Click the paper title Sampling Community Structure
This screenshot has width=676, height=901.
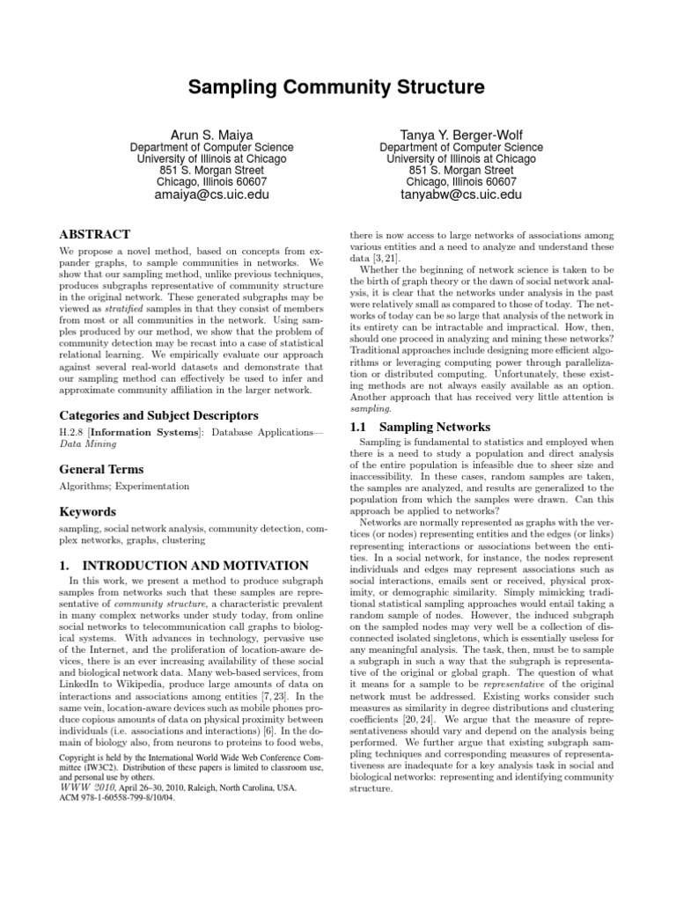click(x=337, y=87)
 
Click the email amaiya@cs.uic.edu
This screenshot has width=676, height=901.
click(x=212, y=194)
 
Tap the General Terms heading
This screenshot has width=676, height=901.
click(x=101, y=470)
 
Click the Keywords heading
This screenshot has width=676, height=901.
click(x=89, y=511)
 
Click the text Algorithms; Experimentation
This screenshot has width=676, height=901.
click(x=124, y=486)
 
